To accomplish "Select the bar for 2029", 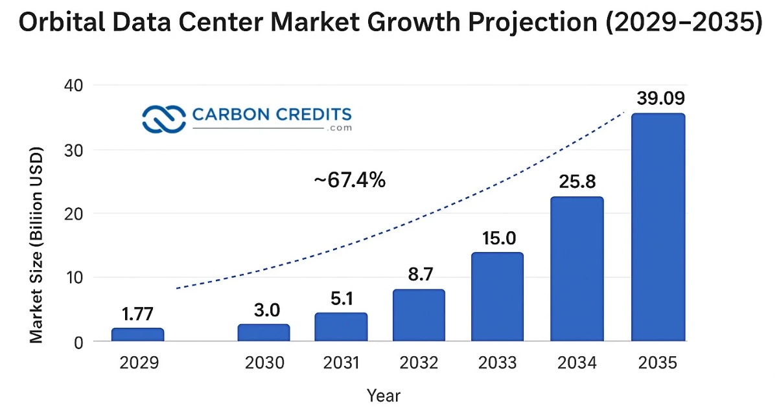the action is pyautogui.click(x=137, y=334).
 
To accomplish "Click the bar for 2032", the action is pyautogui.click(x=419, y=315).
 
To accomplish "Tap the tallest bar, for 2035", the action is pyautogui.click(x=658, y=227).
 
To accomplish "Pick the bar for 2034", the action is pyautogui.click(x=577, y=269).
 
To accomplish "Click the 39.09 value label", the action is pyautogui.click(x=661, y=98).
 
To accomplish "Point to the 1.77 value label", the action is pyautogui.click(x=137, y=313).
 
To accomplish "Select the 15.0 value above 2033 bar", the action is pyautogui.click(x=498, y=238).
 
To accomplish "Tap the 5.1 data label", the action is pyautogui.click(x=342, y=299).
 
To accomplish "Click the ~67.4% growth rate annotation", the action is pyautogui.click(x=349, y=179).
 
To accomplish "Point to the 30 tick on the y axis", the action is pyautogui.click(x=73, y=151).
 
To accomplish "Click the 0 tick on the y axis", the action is pyautogui.click(x=78, y=343).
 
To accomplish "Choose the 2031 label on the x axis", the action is pyautogui.click(x=341, y=363).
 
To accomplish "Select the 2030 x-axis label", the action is pyautogui.click(x=264, y=363).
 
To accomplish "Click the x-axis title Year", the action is pyautogui.click(x=384, y=395).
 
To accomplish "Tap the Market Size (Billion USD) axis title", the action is pyautogui.click(x=36, y=245).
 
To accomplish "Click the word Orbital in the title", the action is pyautogui.click(x=62, y=22).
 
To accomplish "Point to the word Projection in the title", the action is pyautogui.click(x=533, y=23).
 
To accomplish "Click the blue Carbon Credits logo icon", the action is pyautogui.click(x=164, y=119).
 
